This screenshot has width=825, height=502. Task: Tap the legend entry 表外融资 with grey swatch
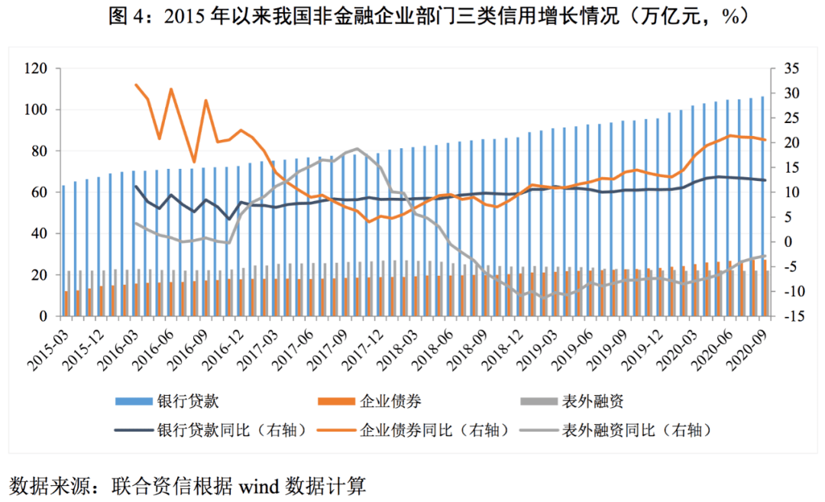tap(593, 401)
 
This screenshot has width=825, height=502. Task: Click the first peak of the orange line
tap(135, 85)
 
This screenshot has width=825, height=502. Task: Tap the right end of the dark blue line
tap(765, 180)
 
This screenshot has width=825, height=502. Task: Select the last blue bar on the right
tap(762, 206)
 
